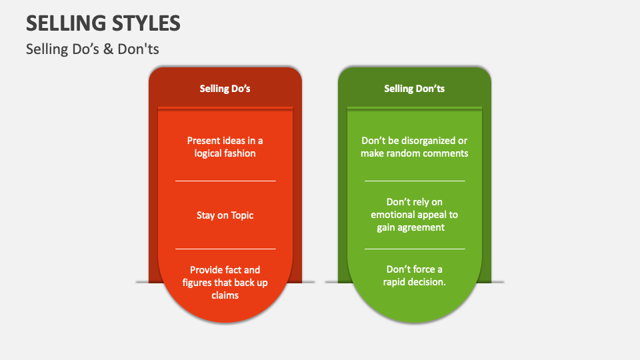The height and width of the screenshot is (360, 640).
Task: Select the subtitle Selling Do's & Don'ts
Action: pyautogui.click(x=92, y=49)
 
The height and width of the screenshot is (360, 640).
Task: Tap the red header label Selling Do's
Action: pyautogui.click(x=225, y=88)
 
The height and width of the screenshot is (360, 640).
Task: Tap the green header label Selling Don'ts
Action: pyautogui.click(x=414, y=88)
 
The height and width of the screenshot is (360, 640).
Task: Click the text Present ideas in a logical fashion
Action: pyautogui.click(x=225, y=147)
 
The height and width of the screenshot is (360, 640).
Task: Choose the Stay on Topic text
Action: pyautogui.click(x=225, y=215)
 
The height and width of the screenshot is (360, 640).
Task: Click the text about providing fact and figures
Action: pyautogui.click(x=225, y=282)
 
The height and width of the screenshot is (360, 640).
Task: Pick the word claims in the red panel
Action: pyautogui.click(x=225, y=295)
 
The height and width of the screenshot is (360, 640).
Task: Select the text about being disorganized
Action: pyautogui.click(x=414, y=147)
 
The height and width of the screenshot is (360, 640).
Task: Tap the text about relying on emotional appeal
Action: pyautogui.click(x=414, y=214)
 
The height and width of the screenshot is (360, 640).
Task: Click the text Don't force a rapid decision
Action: pyautogui.click(x=414, y=275)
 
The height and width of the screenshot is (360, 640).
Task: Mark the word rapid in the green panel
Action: pyautogui.click(x=397, y=282)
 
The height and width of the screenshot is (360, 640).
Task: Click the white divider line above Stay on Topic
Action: pyautogui.click(x=225, y=181)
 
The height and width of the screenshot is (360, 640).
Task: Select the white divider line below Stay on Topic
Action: pyautogui.click(x=225, y=249)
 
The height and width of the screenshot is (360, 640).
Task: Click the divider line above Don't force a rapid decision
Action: pyautogui.click(x=414, y=249)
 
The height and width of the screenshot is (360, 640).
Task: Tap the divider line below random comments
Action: pyautogui.click(x=414, y=181)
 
